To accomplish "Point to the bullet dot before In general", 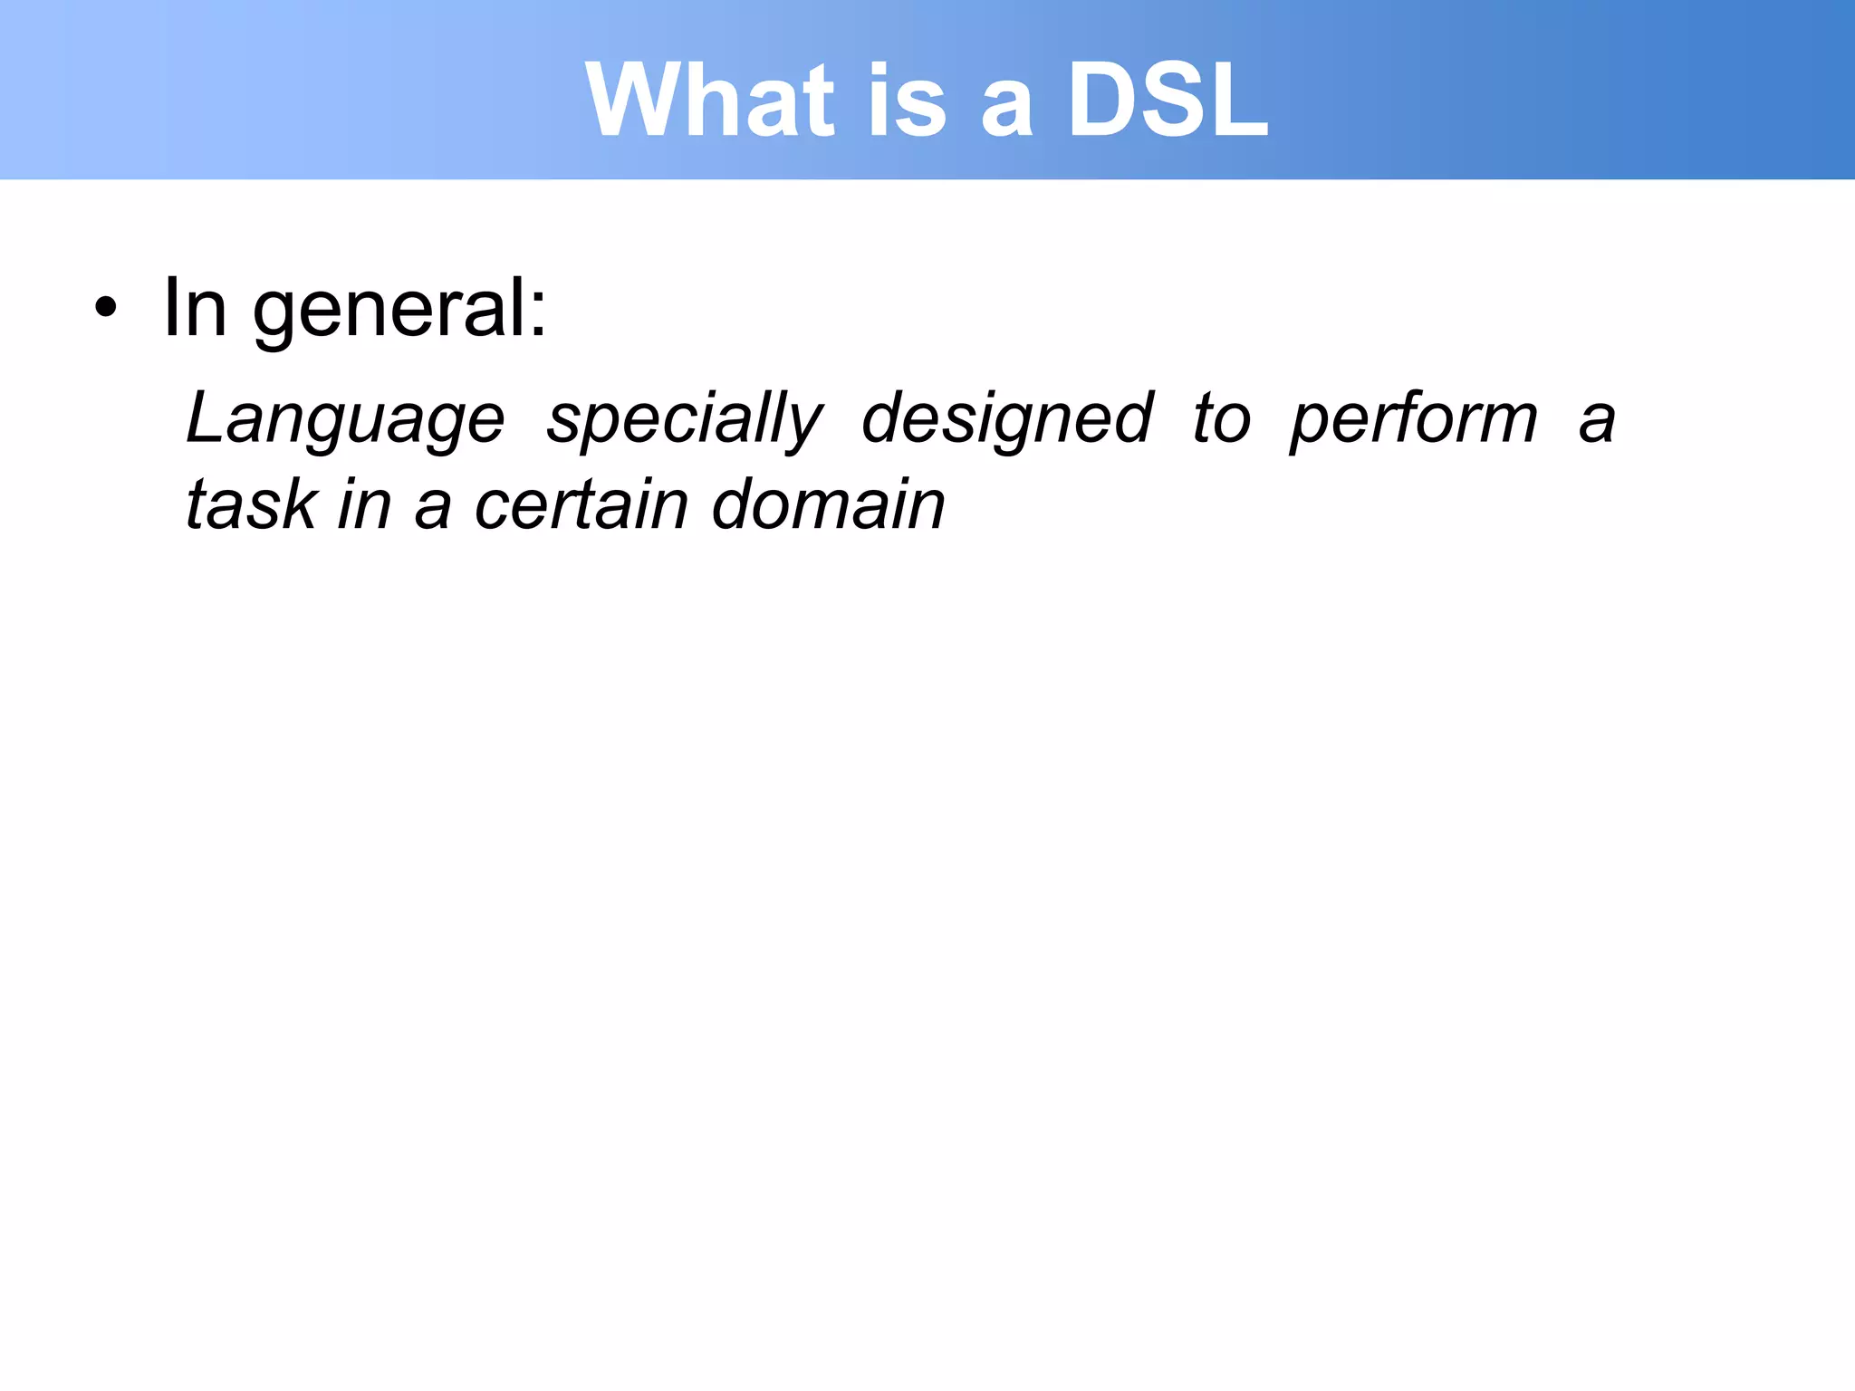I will [106, 308].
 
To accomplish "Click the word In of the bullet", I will [194, 308].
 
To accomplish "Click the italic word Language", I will [345, 420].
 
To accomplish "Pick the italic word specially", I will [685, 420].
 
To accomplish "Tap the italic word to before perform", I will [1221, 420].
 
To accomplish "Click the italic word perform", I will [1413, 420].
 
